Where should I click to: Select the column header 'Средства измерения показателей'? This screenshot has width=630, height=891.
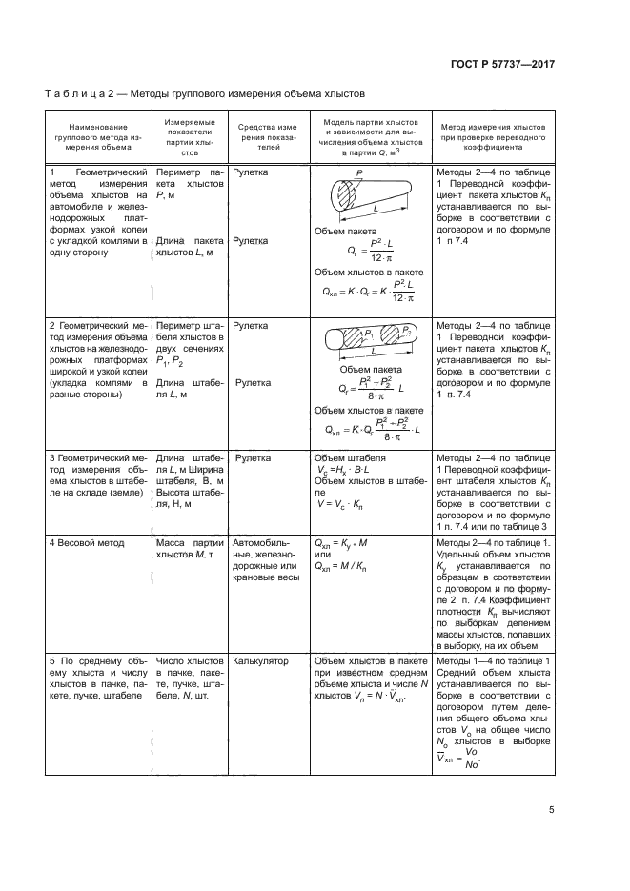point(269,137)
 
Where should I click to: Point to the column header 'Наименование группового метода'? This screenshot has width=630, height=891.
point(96,137)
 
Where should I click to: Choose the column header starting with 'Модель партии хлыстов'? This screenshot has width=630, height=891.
point(371,137)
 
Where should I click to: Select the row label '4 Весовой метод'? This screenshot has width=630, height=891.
point(88,543)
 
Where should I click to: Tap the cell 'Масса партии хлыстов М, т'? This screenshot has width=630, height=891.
point(189,549)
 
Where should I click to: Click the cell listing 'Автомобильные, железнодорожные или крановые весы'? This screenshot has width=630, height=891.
point(267,561)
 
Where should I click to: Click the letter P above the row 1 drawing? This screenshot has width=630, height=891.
point(359,173)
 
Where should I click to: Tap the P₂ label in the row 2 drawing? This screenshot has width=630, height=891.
point(408,330)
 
